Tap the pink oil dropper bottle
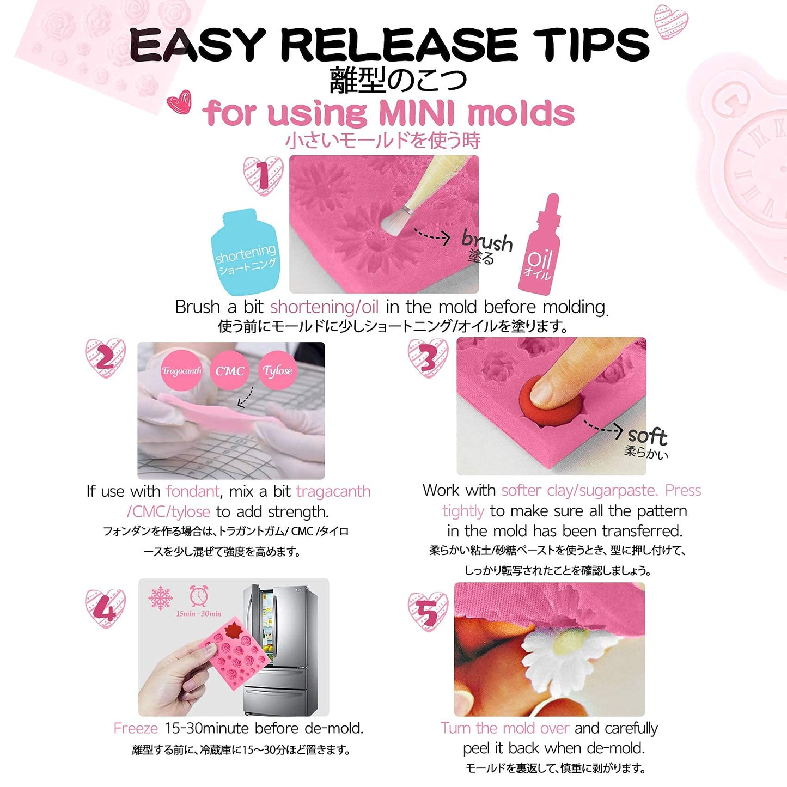tap(540, 245)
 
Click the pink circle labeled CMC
tap(229, 370)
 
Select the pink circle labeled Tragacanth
tap(181, 370)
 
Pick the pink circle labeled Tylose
tap(278, 370)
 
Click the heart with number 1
tap(263, 175)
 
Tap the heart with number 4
tap(105, 608)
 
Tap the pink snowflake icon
tap(161, 598)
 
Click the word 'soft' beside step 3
tap(648, 436)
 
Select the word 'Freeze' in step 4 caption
tap(136, 728)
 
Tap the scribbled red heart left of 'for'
tap(179, 102)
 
